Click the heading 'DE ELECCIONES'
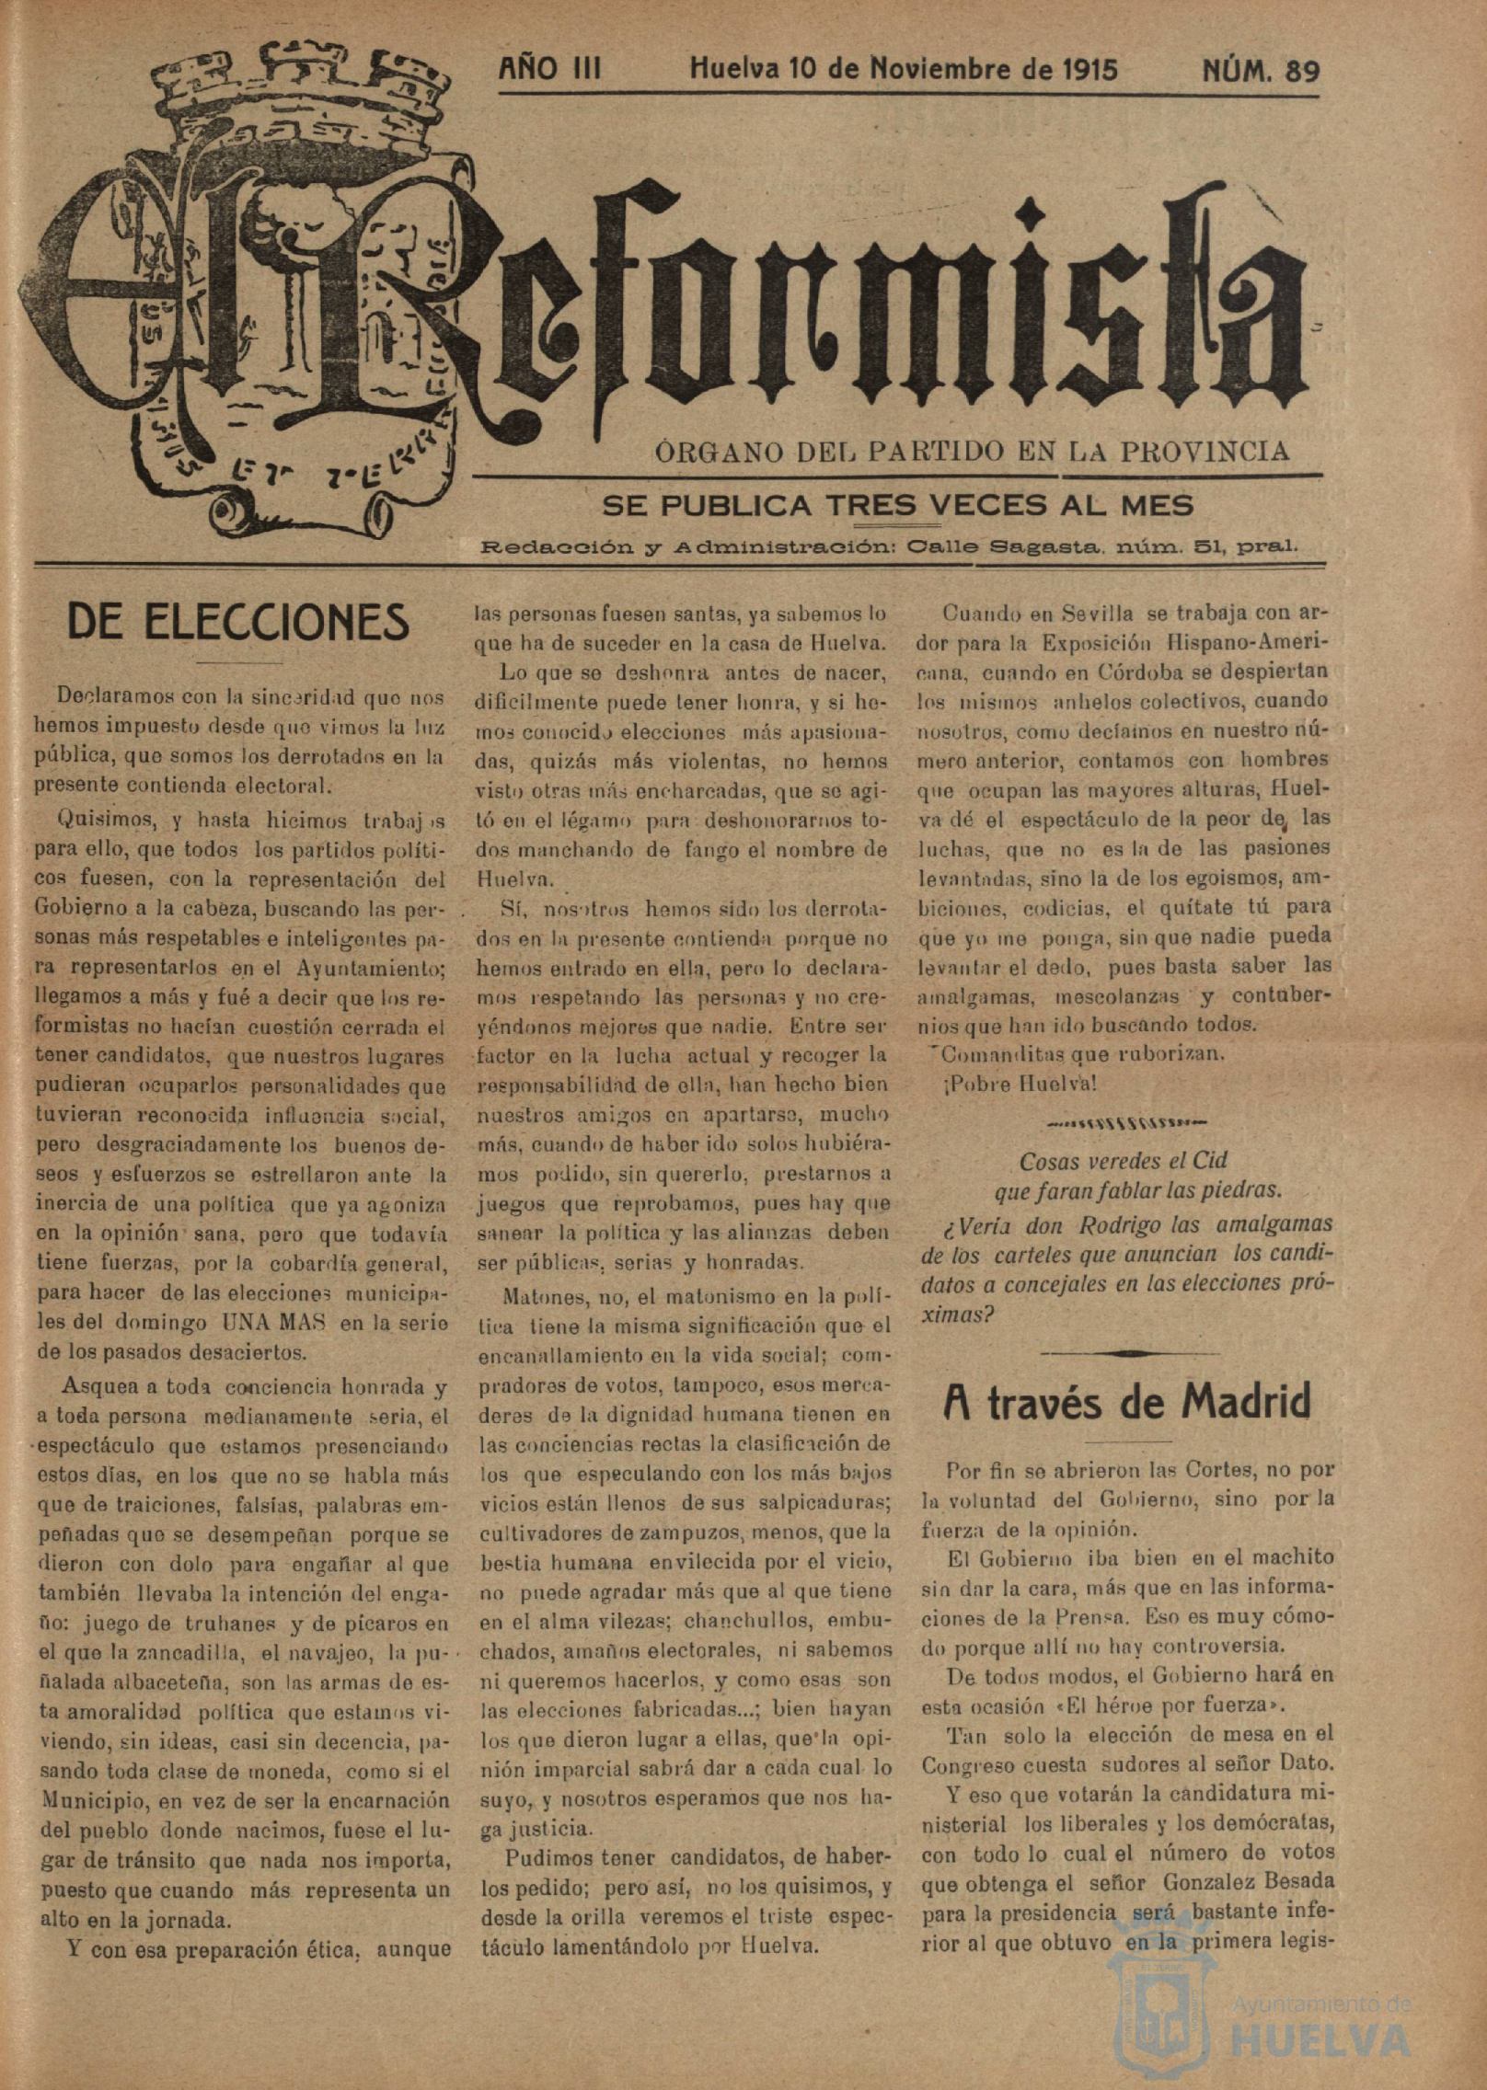tap(238, 622)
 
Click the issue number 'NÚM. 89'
tap(1261, 72)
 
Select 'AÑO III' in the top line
tap(549, 70)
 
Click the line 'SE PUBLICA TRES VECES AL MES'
tap(897, 504)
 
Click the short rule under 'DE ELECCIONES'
tap(238, 663)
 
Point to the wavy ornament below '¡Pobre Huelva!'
tap(1127, 1122)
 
